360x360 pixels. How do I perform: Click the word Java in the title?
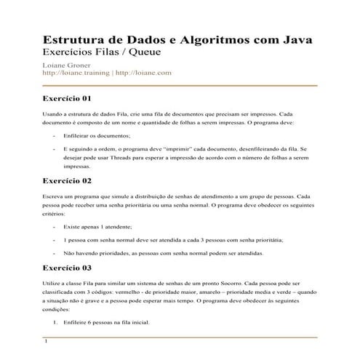[x=298, y=39]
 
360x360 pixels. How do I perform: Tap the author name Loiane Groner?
[x=68, y=65]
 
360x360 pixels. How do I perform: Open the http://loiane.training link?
[x=76, y=73]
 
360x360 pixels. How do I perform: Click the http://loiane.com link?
[x=143, y=73]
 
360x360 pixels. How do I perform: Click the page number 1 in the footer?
[x=46, y=341]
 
